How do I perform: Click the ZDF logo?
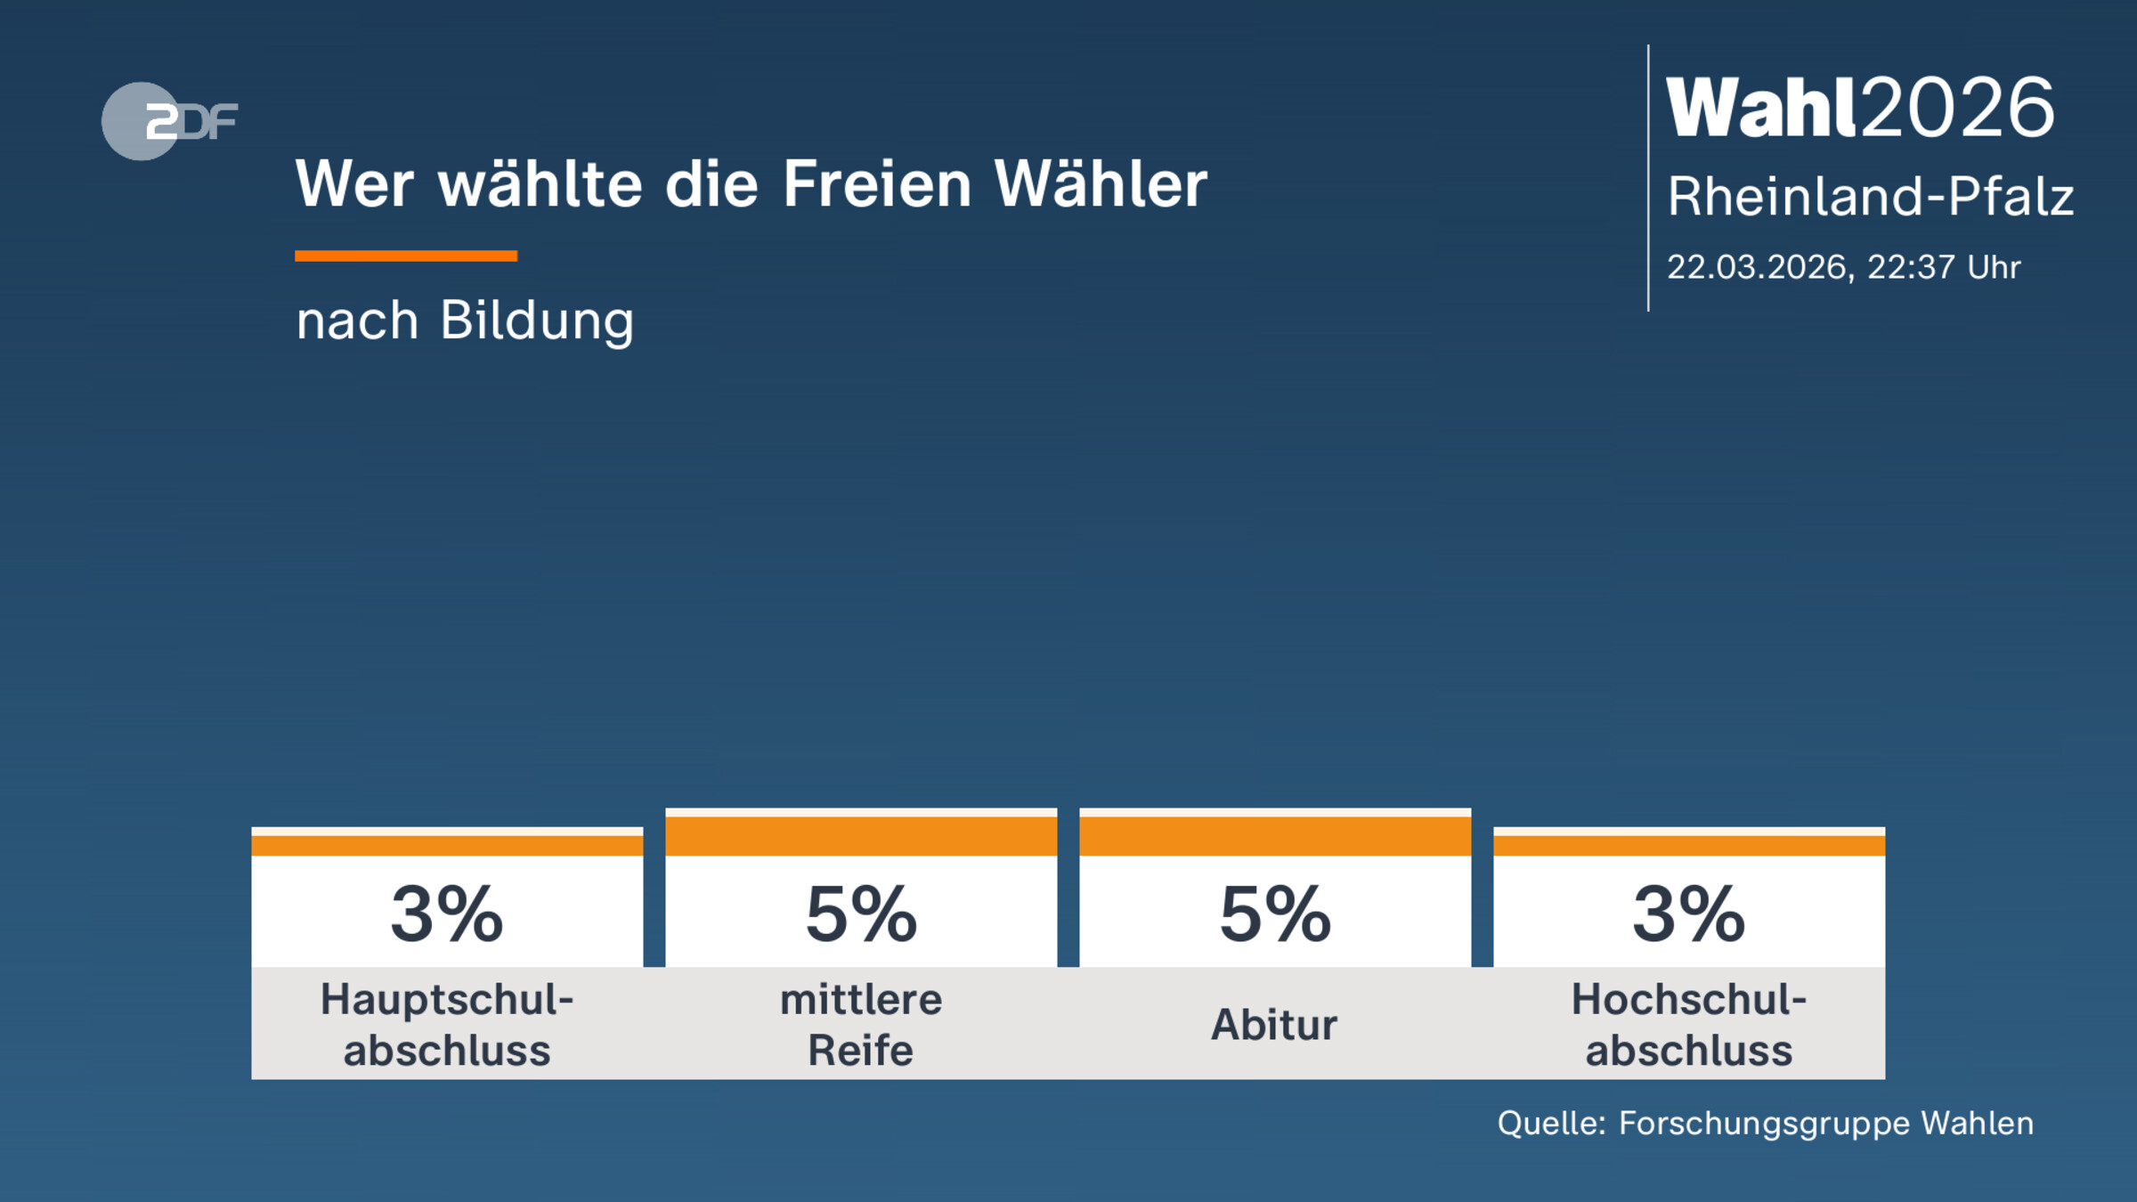(x=169, y=121)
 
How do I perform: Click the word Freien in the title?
(x=877, y=184)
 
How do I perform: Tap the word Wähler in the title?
(x=1101, y=184)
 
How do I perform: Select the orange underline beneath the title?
(x=406, y=256)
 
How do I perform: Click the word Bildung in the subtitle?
(x=537, y=321)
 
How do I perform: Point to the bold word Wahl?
(x=1761, y=108)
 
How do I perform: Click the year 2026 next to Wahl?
(x=1958, y=108)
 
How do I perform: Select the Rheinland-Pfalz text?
(x=1870, y=196)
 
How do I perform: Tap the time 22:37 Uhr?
(x=1944, y=267)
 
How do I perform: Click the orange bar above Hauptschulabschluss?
(x=447, y=845)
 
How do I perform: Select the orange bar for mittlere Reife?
(x=861, y=835)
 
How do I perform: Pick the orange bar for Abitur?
(x=1275, y=835)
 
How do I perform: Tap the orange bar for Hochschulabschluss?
(x=1689, y=845)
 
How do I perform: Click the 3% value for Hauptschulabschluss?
(x=447, y=914)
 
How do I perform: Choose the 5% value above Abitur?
(x=1275, y=914)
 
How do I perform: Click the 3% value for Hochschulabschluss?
(x=1689, y=914)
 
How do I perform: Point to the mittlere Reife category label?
(x=861, y=1024)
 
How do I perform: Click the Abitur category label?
(x=1274, y=1025)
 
